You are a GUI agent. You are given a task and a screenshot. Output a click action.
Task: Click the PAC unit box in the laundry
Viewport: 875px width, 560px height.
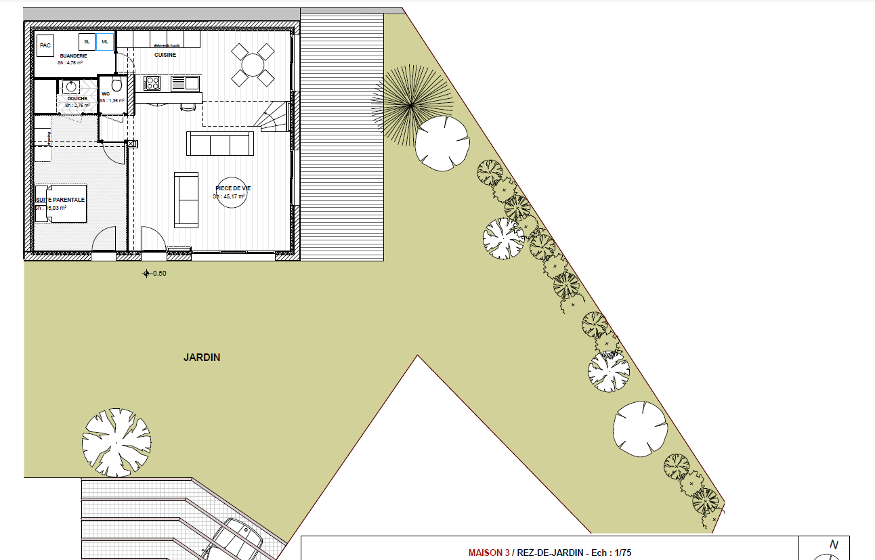(45, 45)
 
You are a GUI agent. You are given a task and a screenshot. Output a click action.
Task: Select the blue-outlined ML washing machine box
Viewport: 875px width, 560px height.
(104, 42)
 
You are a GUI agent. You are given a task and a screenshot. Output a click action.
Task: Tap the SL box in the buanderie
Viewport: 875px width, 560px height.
(87, 42)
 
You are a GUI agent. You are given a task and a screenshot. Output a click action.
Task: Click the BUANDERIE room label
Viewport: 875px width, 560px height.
(70, 56)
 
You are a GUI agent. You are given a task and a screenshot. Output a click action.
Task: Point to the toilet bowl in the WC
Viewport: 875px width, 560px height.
(116, 84)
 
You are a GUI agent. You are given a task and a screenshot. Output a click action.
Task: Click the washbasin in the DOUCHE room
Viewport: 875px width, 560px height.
(71, 87)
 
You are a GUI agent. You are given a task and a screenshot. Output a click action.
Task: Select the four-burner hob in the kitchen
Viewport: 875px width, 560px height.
(152, 83)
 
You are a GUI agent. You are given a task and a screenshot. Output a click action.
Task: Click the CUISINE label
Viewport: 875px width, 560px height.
(165, 55)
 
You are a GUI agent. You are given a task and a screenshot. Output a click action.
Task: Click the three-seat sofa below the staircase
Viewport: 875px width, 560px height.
(220, 144)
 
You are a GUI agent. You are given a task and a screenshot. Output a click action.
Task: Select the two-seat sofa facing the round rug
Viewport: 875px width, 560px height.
(186, 200)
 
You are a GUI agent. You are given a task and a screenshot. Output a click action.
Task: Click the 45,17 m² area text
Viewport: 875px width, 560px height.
(230, 196)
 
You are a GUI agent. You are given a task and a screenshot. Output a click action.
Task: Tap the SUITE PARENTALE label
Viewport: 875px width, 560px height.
(61, 200)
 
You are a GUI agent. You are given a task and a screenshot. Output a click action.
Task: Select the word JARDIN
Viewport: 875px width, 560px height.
(202, 358)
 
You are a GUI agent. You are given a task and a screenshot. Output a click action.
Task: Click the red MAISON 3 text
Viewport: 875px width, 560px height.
(488, 553)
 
